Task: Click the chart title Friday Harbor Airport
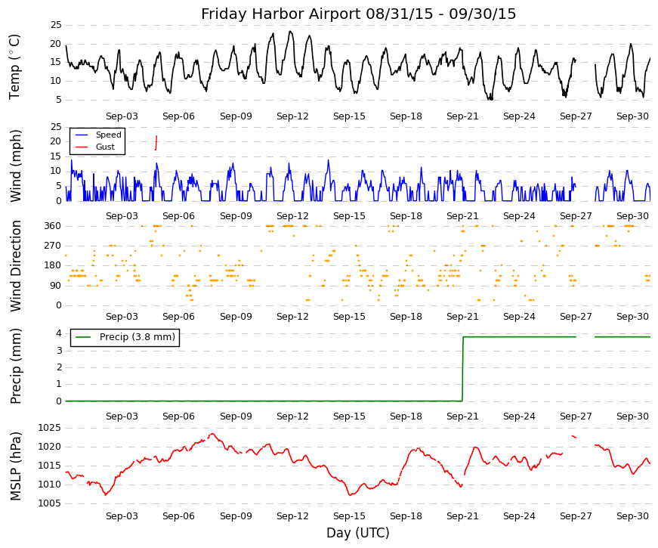[x=281, y=14]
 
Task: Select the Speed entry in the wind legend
[x=108, y=135]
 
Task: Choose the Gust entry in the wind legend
[x=105, y=147]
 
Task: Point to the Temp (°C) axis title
[x=14, y=67]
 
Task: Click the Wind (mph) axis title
[x=15, y=166]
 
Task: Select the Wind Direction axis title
[x=15, y=266]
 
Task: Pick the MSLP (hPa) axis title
[x=15, y=466]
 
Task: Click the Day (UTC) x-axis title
[x=358, y=533]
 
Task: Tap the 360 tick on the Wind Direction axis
[x=53, y=226]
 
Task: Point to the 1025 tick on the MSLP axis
[x=50, y=428]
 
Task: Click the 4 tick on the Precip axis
[x=59, y=333]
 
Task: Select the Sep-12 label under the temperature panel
[x=292, y=116]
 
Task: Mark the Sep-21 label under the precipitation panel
[x=462, y=416]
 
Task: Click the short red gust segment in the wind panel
[x=156, y=143]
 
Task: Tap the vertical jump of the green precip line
[x=463, y=369]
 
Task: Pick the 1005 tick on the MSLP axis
[x=50, y=503]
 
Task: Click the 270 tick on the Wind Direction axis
[x=53, y=246]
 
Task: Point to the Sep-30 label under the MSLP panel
[x=632, y=516]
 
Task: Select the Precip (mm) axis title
[x=15, y=366]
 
